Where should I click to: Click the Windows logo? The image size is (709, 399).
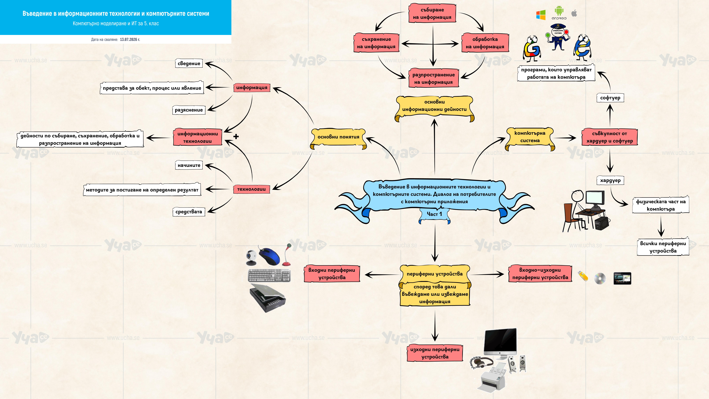(541, 15)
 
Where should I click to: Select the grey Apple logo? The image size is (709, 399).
(574, 13)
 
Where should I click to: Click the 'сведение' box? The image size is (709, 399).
(189, 63)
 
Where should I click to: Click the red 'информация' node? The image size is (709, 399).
(252, 88)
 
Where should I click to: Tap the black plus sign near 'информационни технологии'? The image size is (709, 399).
(236, 136)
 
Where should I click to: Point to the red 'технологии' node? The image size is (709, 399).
(251, 189)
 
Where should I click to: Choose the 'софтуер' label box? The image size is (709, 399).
(610, 98)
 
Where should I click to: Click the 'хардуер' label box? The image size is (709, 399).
(610, 180)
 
